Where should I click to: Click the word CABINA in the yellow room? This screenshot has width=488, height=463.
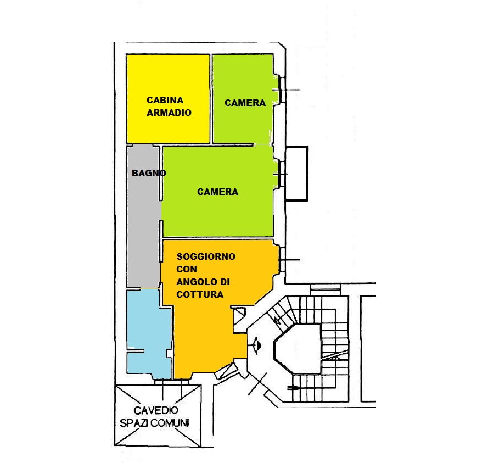(165, 100)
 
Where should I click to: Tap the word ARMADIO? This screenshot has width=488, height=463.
(169, 113)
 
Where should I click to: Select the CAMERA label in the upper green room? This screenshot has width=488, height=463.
(245, 103)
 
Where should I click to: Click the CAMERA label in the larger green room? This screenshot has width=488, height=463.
(218, 192)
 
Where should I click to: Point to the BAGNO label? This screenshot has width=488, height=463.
(149, 173)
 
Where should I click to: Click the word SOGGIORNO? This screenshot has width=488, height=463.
(206, 256)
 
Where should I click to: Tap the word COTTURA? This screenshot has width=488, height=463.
(200, 294)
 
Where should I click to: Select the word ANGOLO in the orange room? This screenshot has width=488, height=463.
(197, 282)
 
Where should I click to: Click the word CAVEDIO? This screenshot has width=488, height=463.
(156, 410)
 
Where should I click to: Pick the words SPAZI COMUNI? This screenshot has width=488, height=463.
(155, 423)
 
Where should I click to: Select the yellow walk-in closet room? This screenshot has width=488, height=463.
(168, 99)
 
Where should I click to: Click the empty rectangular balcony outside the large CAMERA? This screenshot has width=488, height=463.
(296, 174)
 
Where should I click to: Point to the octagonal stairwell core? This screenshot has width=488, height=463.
(298, 349)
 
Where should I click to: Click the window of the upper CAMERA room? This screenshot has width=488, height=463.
(282, 90)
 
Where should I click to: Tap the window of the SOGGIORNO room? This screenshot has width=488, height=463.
(282, 260)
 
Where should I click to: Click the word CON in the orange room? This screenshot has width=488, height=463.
(187, 269)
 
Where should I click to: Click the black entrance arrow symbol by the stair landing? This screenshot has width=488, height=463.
(257, 345)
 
